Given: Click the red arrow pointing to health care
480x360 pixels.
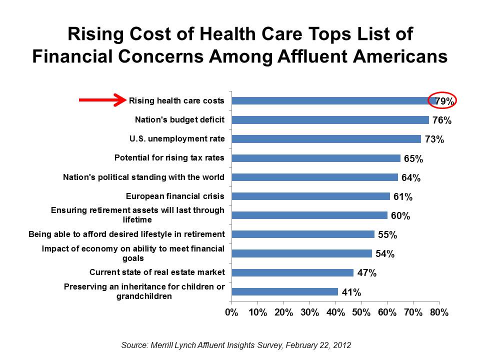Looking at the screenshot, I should pos(102,100).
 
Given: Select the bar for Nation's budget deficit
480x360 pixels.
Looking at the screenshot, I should pos(330,120).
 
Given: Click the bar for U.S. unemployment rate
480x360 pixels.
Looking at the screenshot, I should pos(326,139).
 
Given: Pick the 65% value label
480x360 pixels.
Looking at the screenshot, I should pos(413,159).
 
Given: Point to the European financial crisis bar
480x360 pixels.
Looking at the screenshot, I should pos(310,196).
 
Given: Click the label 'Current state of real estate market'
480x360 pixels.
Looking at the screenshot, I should pos(157,272).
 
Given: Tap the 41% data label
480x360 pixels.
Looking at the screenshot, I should pos(351,292).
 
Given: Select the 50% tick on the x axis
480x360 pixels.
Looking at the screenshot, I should pos(361,312).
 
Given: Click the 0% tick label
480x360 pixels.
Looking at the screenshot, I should pos(231,312).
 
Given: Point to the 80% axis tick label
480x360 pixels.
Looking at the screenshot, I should pos(439,312).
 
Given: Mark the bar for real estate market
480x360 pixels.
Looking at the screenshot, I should pos(292,272).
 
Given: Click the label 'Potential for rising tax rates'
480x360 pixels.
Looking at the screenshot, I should pos(169,158).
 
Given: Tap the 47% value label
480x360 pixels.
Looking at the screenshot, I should pos(366,273).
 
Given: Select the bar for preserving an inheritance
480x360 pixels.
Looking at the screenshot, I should pos(284,292).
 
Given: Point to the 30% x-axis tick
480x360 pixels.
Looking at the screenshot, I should pos(309,312).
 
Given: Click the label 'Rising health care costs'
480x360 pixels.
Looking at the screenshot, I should pos(176,100).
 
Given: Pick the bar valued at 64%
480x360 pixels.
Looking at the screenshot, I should pos(314,177).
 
